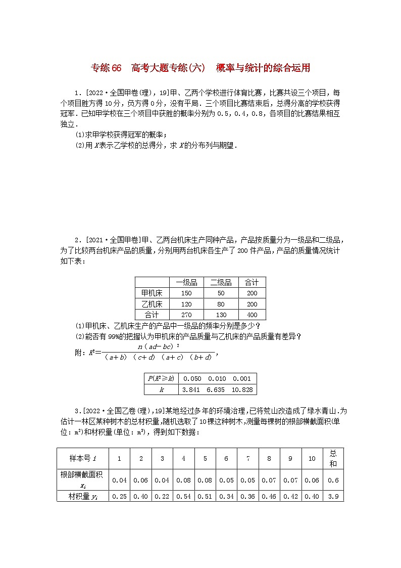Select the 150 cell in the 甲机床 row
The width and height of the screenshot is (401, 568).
(x=186, y=293)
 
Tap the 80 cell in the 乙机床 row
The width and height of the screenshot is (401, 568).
(x=221, y=304)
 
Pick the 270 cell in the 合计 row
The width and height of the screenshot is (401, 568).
(x=186, y=315)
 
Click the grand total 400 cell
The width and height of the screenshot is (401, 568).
(x=252, y=315)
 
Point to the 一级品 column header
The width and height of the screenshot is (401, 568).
(x=186, y=283)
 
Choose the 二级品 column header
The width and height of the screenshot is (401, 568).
(x=221, y=283)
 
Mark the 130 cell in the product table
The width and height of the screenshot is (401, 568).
(x=221, y=315)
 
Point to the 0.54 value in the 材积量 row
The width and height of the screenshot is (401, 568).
(x=183, y=496)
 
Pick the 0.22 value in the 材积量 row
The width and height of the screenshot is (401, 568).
(x=162, y=496)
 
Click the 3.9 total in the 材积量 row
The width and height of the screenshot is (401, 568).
(x=333, y=496)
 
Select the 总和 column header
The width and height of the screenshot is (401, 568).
(x=333, y=458)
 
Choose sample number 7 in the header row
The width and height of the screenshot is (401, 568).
(x=247, y=458)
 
